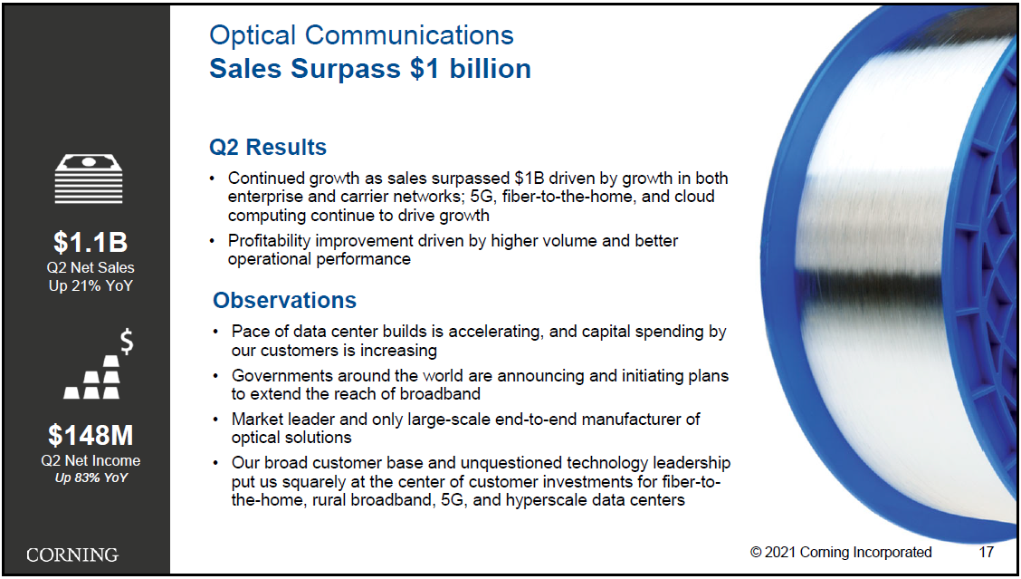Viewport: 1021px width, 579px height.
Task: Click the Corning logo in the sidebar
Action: coord(72,555)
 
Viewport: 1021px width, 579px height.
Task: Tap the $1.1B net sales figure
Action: coord(91,242)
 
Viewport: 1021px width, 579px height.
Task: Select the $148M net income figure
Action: coord(91,435)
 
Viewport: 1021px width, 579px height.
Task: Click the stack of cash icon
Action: coord(89,179)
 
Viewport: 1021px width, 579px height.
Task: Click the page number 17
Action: coord(987,552)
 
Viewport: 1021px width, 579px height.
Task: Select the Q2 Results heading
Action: coord(268,148)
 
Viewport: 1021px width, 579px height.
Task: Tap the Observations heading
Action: coord(284,300)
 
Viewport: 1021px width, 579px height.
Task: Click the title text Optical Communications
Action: coord(361,35)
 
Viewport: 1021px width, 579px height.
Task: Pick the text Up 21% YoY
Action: coord(91,285)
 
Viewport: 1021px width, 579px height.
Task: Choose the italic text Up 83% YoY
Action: coord(91,478)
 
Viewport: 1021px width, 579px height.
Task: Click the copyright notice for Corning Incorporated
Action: coord(841,552)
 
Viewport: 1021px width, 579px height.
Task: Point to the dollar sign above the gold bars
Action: coord(127,342)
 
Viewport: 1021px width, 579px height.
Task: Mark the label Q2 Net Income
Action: coord(91,460)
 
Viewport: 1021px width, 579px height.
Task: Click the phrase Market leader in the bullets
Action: coord(291,420)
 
